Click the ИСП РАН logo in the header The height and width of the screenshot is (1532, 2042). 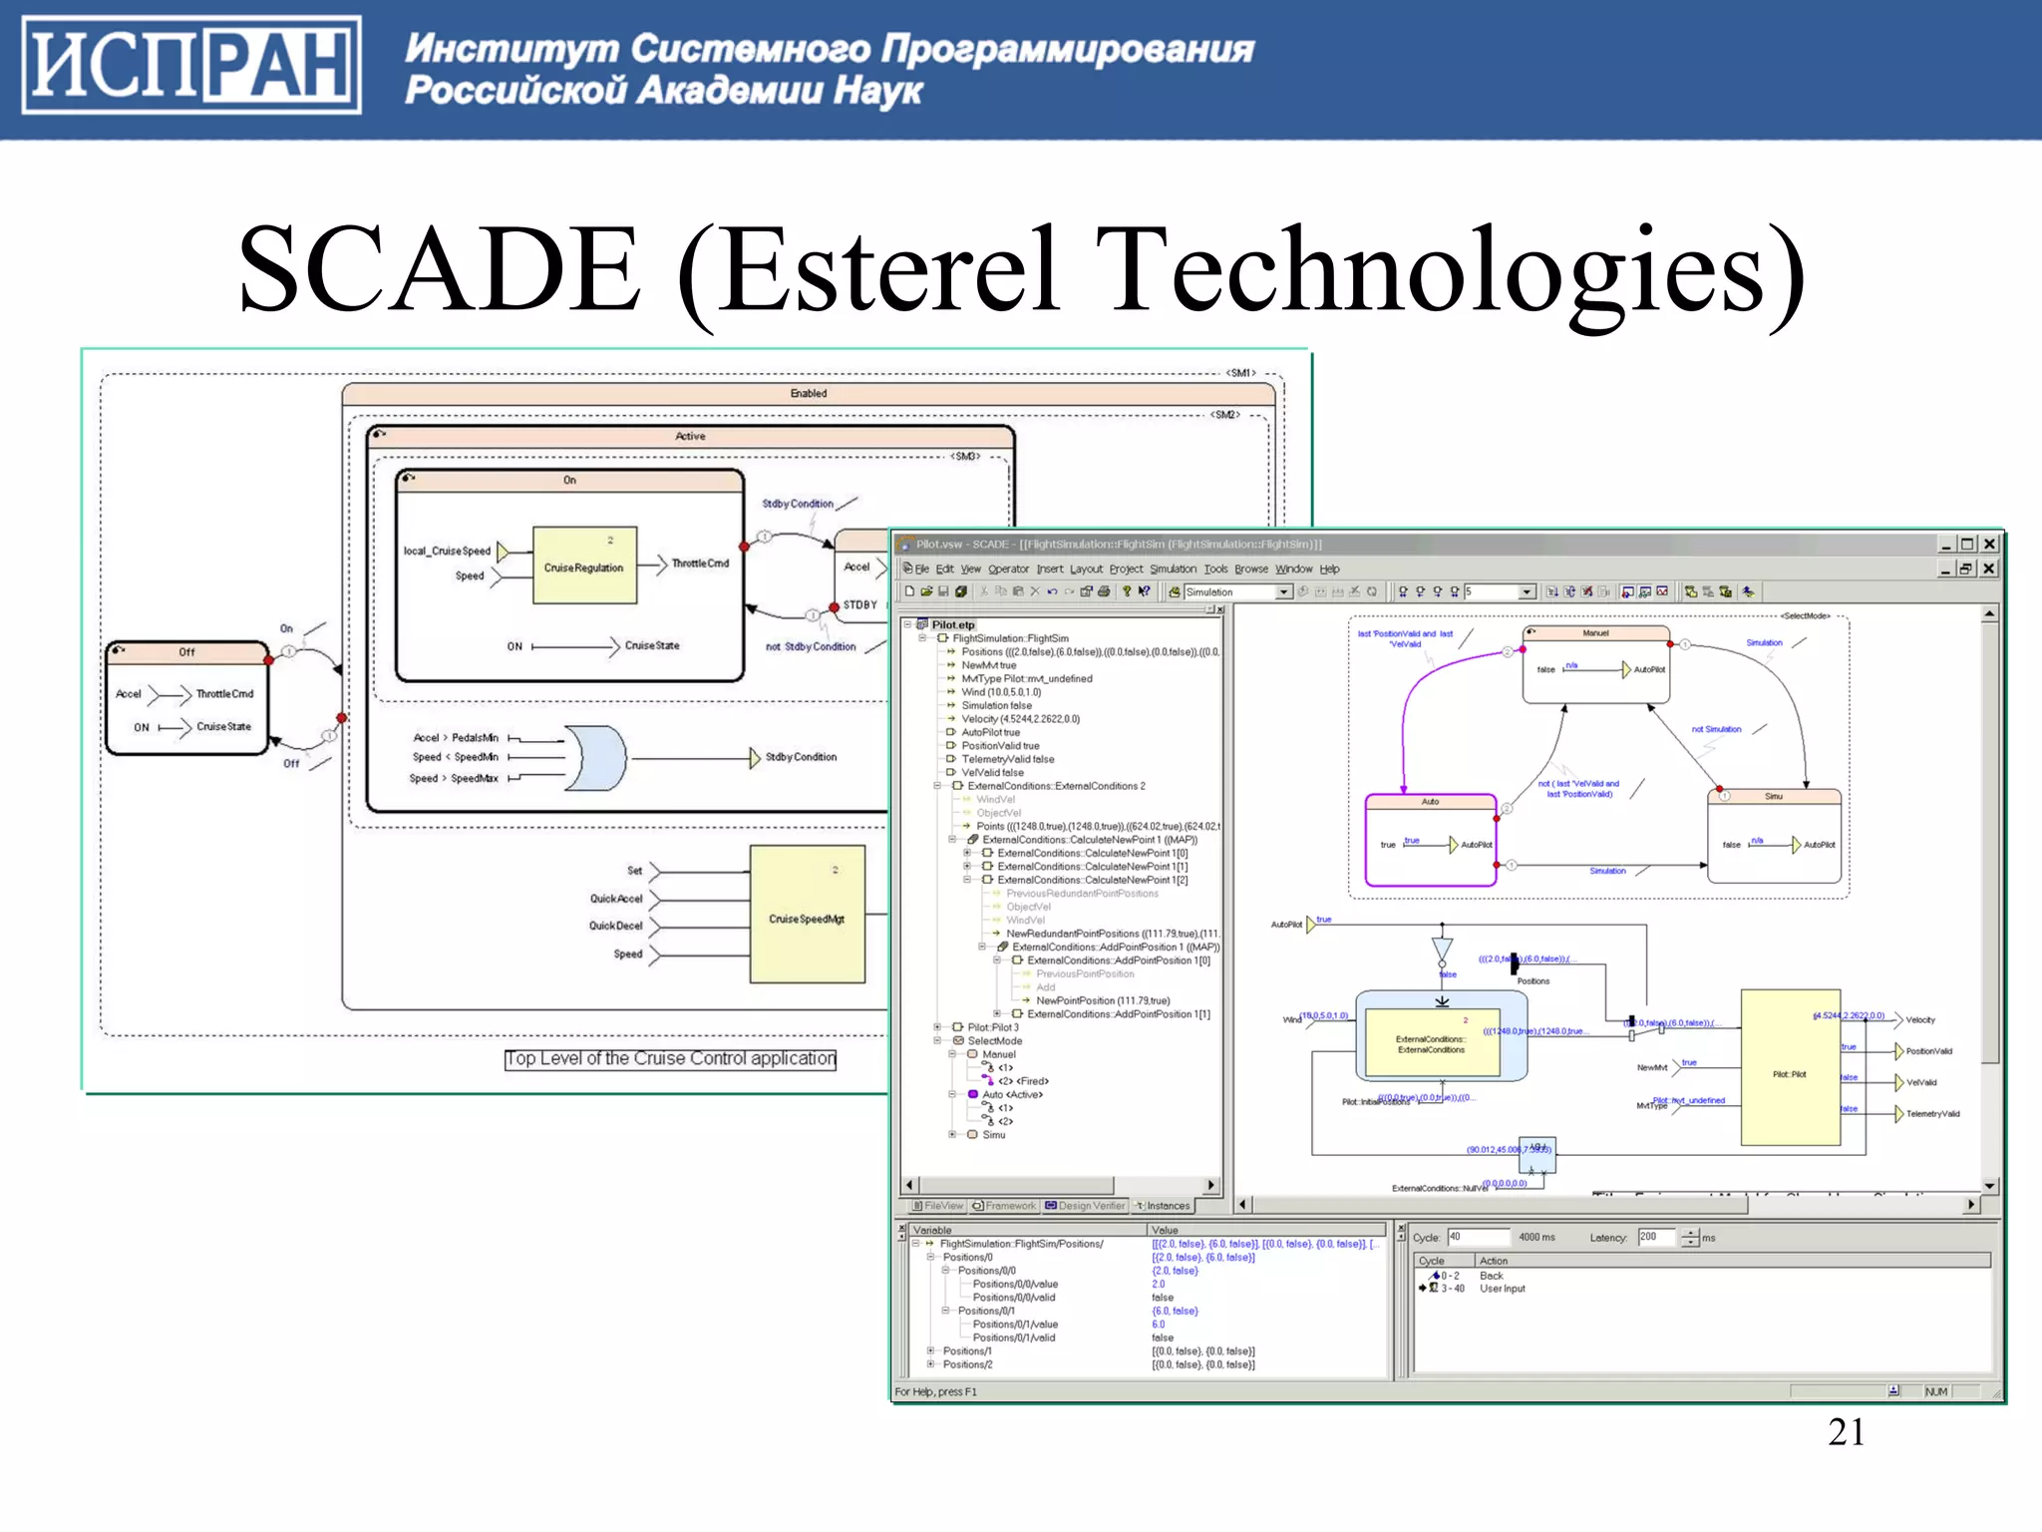[x=190, y=66]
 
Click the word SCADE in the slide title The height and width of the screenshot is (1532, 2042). [x=439, y=269]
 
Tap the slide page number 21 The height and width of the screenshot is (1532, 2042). [x=1846, y=1432]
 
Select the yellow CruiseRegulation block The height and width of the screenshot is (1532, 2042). [x=584, y=566]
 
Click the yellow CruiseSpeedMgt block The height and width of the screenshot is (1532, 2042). [x=807, y=915]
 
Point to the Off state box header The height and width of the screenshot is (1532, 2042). [x=186, y=652]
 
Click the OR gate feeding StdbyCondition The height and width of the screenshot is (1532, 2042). [x=595, y=758]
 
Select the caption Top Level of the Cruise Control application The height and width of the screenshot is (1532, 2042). [x=670, y=1058]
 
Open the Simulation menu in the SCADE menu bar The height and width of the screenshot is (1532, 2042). [x=1173, y=569]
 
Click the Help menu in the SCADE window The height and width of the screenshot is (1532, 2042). [x=1329, y=569]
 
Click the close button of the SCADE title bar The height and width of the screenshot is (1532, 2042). [x=1989, y=544]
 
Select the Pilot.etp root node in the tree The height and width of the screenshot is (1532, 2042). [x=952, y=624]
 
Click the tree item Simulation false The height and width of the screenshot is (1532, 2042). [x=996, y=705]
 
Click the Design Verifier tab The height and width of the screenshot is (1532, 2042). [x=1086, y=1206]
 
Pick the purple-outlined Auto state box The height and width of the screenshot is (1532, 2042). [x=1430, y=841]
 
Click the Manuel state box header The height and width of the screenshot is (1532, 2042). [x=1595, y=633]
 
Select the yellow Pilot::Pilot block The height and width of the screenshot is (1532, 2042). [x=1790, y=1067]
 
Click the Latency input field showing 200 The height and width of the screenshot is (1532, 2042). [x=1658, y=1237]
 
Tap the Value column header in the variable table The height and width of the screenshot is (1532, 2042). [x=1165, y=1230]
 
